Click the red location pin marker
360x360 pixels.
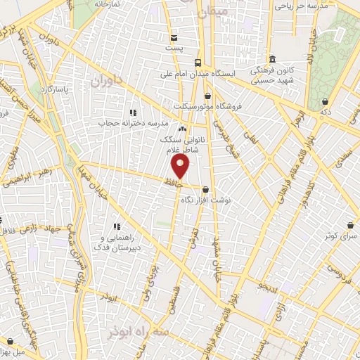coord(181,165)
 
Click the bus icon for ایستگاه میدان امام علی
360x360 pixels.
coord(199,62)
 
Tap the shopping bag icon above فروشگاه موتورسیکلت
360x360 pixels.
coord(207,96)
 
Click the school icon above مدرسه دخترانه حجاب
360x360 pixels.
coord(131,112)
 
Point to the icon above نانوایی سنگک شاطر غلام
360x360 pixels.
coord(183,129)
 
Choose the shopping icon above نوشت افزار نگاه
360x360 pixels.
coord(205,189)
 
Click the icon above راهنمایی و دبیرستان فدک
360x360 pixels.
coord(117,226)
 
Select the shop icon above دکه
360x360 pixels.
coord(326,102)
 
